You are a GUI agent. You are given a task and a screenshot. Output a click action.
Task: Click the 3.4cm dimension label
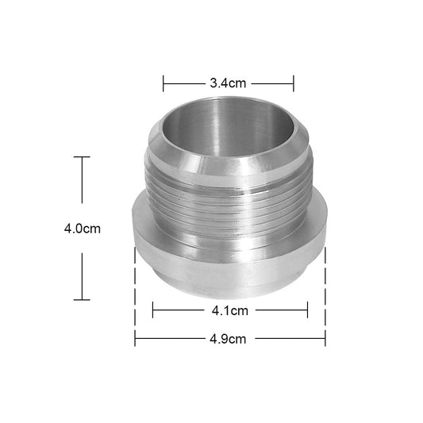[228, 83]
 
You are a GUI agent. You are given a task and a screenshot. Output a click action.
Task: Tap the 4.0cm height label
[82, 229]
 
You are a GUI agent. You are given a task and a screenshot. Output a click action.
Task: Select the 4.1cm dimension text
[230, 310]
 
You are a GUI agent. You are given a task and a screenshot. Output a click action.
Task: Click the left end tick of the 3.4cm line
[163, 83]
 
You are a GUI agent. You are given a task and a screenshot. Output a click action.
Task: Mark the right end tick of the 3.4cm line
[294, 83]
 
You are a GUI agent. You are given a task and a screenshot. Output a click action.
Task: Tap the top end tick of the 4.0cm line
[82, 157]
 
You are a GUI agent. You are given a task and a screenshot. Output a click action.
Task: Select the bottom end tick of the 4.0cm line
[82, 299]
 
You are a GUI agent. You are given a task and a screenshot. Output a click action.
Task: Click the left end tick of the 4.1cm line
[152, 310]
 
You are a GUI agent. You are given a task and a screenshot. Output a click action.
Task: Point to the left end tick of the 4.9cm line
[135, 339]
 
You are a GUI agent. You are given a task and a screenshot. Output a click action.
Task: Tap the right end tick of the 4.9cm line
[325, 339]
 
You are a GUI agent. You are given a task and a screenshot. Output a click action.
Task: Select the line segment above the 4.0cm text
[82, 187]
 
